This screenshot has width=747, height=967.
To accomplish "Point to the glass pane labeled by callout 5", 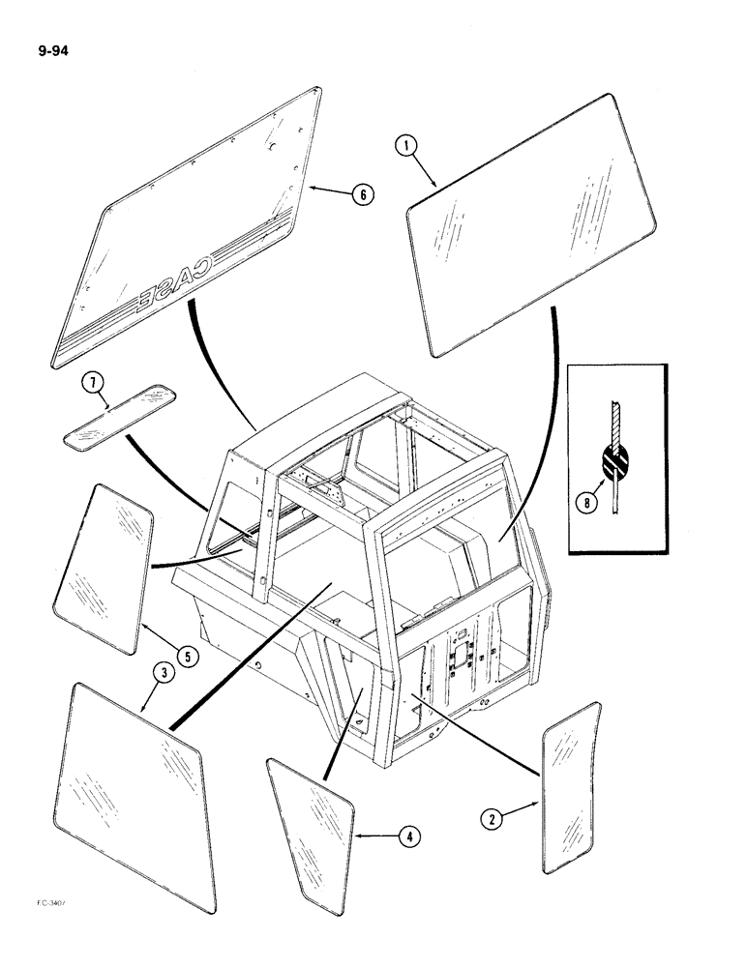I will (104, 562).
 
